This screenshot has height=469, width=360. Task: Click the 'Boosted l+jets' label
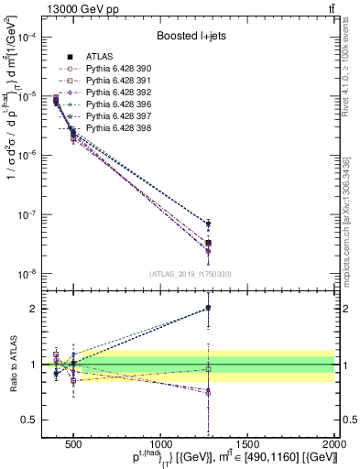click(190, 38)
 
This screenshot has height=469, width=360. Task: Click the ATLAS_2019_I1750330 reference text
click(191, 274)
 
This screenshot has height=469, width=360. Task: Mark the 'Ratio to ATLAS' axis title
click(13, 364)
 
